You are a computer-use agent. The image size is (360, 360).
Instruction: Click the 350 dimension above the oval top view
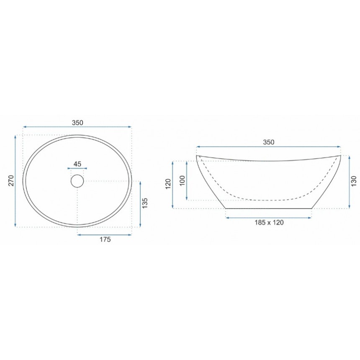pos(77,123)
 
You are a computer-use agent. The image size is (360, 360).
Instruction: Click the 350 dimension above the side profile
pos(269,142)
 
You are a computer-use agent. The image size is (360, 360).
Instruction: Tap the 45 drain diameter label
pos(77,164)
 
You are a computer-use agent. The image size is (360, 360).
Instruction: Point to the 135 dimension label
pos(145,203)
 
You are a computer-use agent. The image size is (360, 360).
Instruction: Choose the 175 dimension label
pos(105,239)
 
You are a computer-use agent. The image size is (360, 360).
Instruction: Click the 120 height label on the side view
pos(168,184)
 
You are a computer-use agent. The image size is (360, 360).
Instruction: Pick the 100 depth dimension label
pos(182,180)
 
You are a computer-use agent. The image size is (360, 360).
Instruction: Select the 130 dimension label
pos(354,181)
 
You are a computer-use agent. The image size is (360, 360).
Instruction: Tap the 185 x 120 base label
pos(269,222)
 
